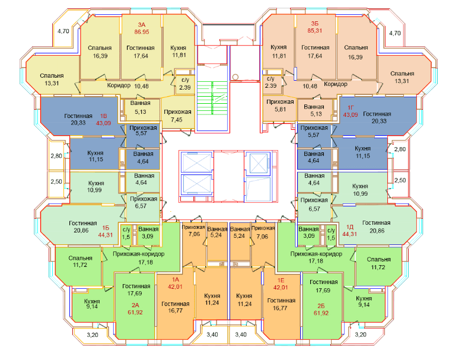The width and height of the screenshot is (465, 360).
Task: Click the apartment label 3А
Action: point(141,25)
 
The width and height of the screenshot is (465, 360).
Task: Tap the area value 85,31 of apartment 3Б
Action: point(314,31)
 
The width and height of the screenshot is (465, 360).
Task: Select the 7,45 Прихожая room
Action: point(178,113)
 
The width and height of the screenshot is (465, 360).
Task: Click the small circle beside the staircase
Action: point(235,77)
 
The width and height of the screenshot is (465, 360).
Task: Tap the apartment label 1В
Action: point(103,116)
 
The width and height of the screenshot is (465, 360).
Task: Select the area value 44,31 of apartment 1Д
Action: point(350,234)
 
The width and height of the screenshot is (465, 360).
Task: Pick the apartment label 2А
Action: point(135,305)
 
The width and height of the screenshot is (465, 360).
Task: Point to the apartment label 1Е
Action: point(281,280)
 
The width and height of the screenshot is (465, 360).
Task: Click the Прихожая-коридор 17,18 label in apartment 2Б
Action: point(316,257)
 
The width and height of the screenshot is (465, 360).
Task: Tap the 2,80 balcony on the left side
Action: point(56,155)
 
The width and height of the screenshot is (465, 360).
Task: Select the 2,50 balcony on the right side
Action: point(400,181)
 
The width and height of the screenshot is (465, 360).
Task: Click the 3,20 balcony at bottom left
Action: point(93,335)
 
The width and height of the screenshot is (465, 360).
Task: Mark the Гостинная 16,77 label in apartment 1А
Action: point(176,307)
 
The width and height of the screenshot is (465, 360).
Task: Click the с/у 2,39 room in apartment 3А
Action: point(185,84)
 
